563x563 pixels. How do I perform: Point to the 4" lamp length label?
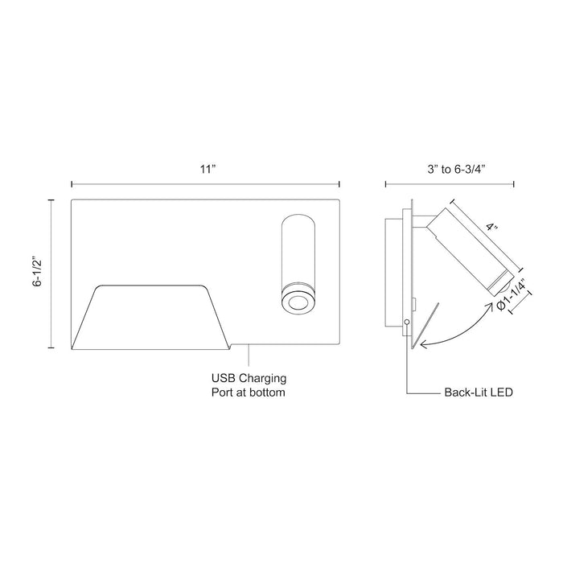492,228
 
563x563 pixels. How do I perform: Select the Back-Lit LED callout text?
479,393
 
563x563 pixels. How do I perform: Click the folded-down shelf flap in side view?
425,327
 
